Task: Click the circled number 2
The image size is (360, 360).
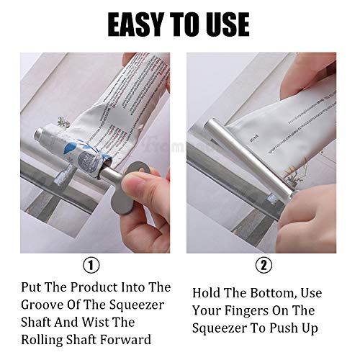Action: (x=264, y=265)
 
